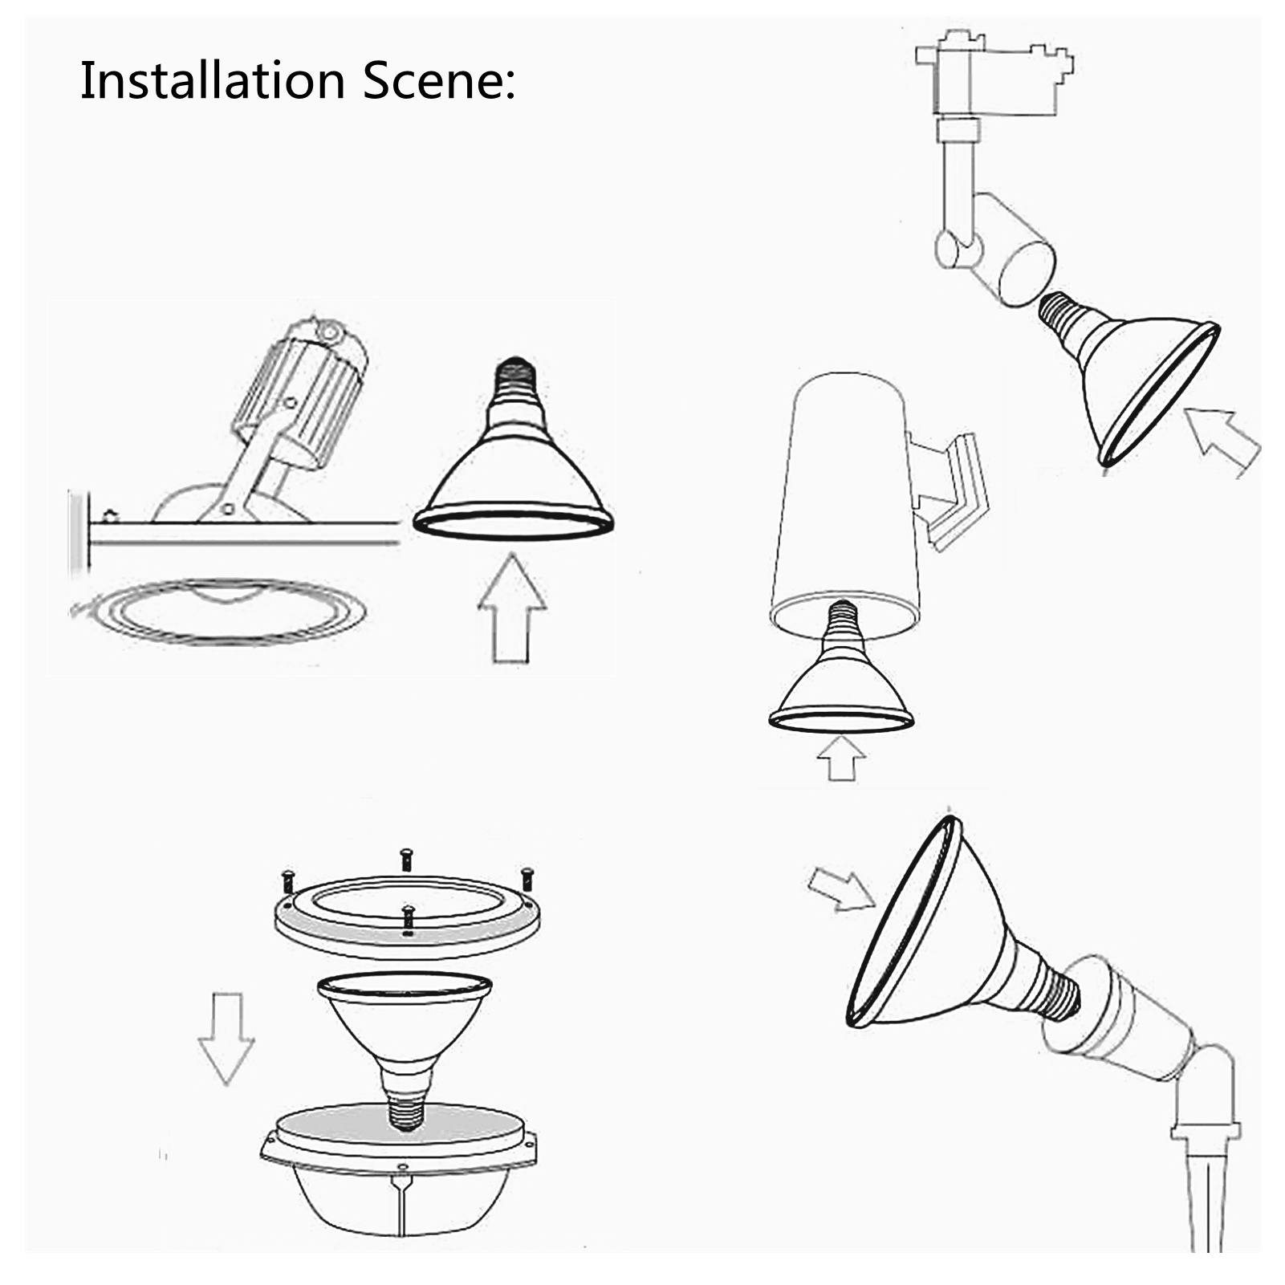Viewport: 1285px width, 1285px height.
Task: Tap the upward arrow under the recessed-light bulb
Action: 512,608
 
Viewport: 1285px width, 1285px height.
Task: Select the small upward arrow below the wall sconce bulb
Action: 840,758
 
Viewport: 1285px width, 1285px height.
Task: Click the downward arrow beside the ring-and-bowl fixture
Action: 226,1038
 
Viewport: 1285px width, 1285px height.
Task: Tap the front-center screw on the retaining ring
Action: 409,920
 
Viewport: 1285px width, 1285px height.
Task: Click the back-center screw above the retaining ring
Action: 405,859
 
